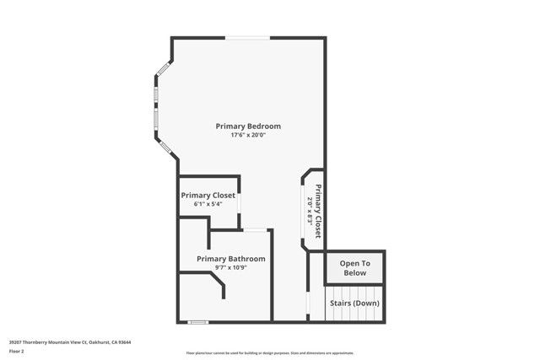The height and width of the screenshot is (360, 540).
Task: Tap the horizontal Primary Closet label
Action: coord(208,195)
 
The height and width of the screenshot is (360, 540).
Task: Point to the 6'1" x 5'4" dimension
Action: coord(208,204)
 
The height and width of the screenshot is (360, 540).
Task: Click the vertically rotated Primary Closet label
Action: coord(319,212)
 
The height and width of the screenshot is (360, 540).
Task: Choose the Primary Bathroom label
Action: coord(231,259)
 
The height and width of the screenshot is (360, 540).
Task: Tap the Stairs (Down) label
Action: coord(354,303)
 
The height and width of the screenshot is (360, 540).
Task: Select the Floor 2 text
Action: coord(16,350)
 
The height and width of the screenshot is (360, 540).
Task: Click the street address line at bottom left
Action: coord(69,341)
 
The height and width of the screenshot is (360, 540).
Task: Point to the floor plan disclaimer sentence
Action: coord(270,352)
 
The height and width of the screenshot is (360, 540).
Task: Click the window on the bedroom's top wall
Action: coord(248,38)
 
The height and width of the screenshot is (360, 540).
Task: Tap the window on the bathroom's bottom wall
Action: coord(198,321)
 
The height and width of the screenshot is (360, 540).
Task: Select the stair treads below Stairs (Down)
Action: coord(354,314)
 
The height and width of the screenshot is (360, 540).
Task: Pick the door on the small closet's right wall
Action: coord(240,203)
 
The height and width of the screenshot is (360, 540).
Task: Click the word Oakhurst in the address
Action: coord(100,341)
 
